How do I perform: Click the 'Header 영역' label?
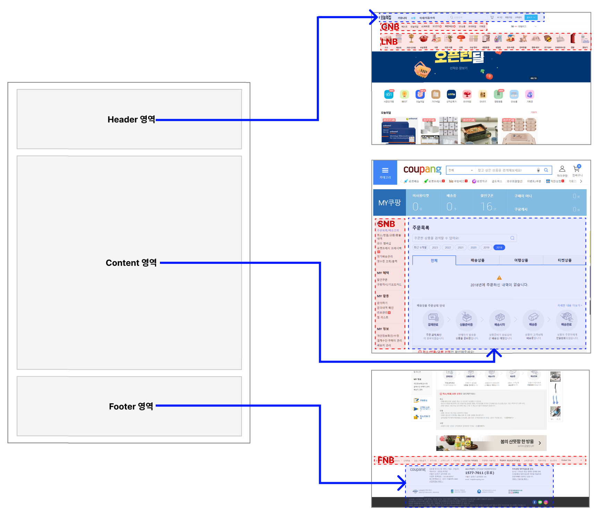(131, 119)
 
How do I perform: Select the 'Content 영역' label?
(131, 263)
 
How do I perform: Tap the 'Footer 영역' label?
(131, 406)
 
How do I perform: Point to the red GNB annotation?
(390, 27)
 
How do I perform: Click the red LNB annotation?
(389, 42)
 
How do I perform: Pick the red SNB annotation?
(386, 224)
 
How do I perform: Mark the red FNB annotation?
(385, 460)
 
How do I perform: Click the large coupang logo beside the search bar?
(422, 170)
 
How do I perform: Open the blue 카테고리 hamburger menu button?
(385, 172)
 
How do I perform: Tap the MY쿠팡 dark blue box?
(389, 203)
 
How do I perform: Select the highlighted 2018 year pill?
(499, 247)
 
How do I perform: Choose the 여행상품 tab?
(521, 260)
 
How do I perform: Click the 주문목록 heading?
(421, 228)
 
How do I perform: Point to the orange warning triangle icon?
(499, 278)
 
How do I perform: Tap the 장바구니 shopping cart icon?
(577, 169)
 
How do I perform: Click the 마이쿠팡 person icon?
(562, 169)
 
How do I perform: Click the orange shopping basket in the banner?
(422, 70)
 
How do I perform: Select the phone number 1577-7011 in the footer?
(479, 473)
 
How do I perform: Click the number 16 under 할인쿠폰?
(486, 207)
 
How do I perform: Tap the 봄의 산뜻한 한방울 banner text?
(517, 442)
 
